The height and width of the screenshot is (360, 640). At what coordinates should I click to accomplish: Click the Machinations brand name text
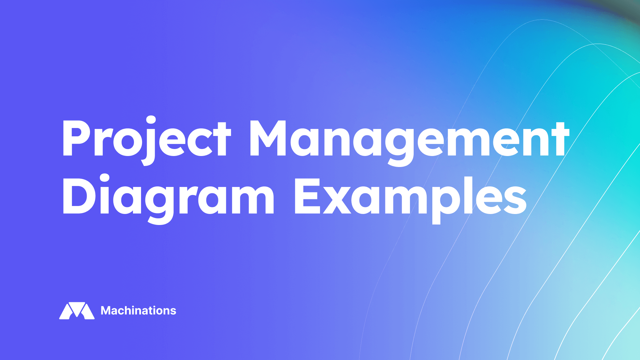(138, 311)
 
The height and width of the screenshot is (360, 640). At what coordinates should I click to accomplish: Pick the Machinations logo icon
(77, 311)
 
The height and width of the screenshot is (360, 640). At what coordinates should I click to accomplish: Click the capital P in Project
(76, 138)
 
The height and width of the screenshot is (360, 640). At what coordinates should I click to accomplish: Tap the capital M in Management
(268, 138)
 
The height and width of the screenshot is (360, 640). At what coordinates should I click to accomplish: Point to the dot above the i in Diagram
(105, 178)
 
